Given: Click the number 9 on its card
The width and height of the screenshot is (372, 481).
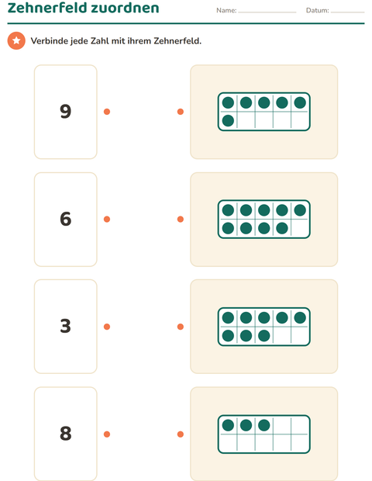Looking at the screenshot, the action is tap(66, 111).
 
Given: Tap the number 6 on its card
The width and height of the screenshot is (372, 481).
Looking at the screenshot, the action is tap(66, 219).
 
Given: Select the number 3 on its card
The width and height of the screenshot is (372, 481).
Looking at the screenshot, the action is tap(66, 326).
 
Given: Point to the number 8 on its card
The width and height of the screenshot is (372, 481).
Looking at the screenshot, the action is tap(66, 434).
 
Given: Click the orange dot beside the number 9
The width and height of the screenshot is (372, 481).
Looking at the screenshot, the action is tap(107, 112).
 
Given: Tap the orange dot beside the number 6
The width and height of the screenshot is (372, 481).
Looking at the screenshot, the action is tap(107, 219).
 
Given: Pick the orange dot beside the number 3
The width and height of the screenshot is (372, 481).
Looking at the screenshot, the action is tap(107, 327).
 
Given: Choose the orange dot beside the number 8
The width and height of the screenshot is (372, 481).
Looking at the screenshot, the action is tap(107, 434).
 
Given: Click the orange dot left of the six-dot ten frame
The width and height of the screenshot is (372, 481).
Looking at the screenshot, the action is tap(181, 112).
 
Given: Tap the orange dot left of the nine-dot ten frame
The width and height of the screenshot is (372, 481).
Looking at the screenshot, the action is tap(181, 219).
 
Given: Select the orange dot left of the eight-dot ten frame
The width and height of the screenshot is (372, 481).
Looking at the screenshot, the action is tap(181, 327).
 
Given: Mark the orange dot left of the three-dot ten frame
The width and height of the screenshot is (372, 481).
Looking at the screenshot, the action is tap(181, 434).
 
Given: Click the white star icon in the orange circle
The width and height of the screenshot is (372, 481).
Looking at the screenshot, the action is tap(16, 40).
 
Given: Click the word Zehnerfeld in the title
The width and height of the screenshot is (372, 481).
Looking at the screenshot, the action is tap(46, 8).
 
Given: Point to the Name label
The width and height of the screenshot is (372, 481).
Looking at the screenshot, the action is tap(226, 10).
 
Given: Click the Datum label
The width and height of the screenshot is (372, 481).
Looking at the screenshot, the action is tap(318, 10).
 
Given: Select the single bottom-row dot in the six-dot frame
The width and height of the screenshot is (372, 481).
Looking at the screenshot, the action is tap(228, 120).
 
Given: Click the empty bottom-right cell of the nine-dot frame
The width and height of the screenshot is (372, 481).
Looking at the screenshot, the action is tap(300, 228).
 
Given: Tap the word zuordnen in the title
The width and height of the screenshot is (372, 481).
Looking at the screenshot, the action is tap(125, 8).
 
